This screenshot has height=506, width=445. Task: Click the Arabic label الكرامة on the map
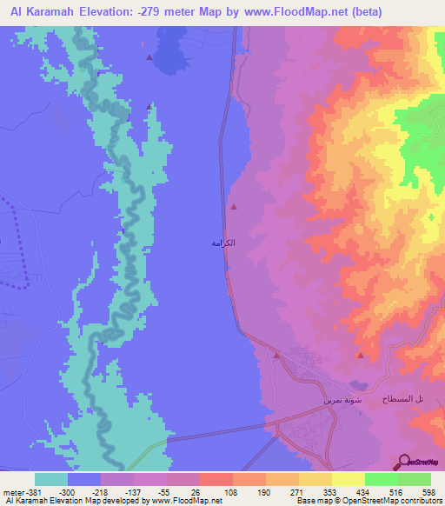coord(224,244)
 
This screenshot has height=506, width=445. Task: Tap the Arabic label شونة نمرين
coord(339,400)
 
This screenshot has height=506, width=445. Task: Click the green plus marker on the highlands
coord(432,216)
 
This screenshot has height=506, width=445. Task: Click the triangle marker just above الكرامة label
coord(234,207)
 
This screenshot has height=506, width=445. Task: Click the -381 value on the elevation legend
coord(34,491)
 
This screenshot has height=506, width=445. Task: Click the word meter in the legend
coord(12,491)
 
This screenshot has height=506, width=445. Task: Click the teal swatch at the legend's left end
coord(51,479)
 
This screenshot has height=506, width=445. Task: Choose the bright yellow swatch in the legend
coord(349,479)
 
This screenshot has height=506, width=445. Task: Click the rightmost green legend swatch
coord(415,479)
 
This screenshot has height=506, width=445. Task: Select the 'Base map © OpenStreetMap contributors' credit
coord(367,501)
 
